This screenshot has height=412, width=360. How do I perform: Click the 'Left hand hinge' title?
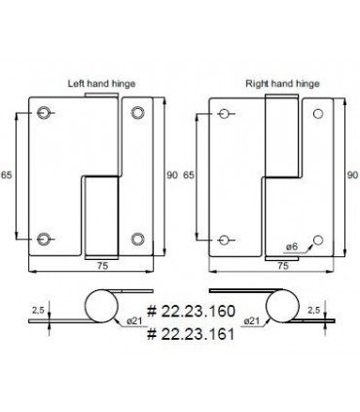pos(101,84)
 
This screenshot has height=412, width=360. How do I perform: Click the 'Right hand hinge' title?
pos(282,84)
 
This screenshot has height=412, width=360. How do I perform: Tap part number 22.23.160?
pos(191,311)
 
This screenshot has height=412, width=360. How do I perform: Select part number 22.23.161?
pos(191,334)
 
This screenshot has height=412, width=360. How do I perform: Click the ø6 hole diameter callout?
pos(292,246)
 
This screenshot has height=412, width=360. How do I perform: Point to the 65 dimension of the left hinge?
pos(6,175)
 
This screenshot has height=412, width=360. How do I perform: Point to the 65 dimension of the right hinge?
pos(189,175)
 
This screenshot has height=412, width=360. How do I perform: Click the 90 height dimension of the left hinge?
pos(172,175)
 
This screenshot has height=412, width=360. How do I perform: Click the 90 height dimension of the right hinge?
pos(353,175)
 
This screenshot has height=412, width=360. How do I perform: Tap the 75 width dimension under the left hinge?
pos(102,266)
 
